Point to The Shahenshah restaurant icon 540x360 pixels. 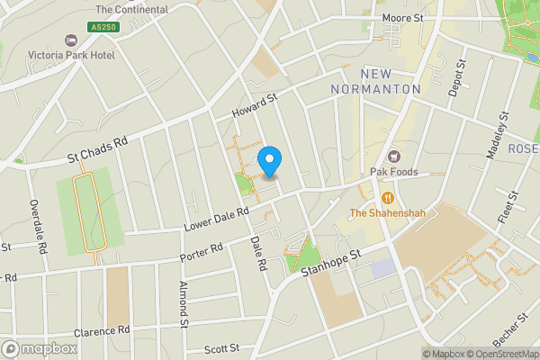(x=388, y=198)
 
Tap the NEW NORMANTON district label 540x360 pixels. (x=375, y=81)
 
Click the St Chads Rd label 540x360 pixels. (x=98, y=150)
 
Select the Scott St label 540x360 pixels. (x=221, y=348)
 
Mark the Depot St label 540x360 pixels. (x=459, y=77)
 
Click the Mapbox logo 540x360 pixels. (x=40, y=348)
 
